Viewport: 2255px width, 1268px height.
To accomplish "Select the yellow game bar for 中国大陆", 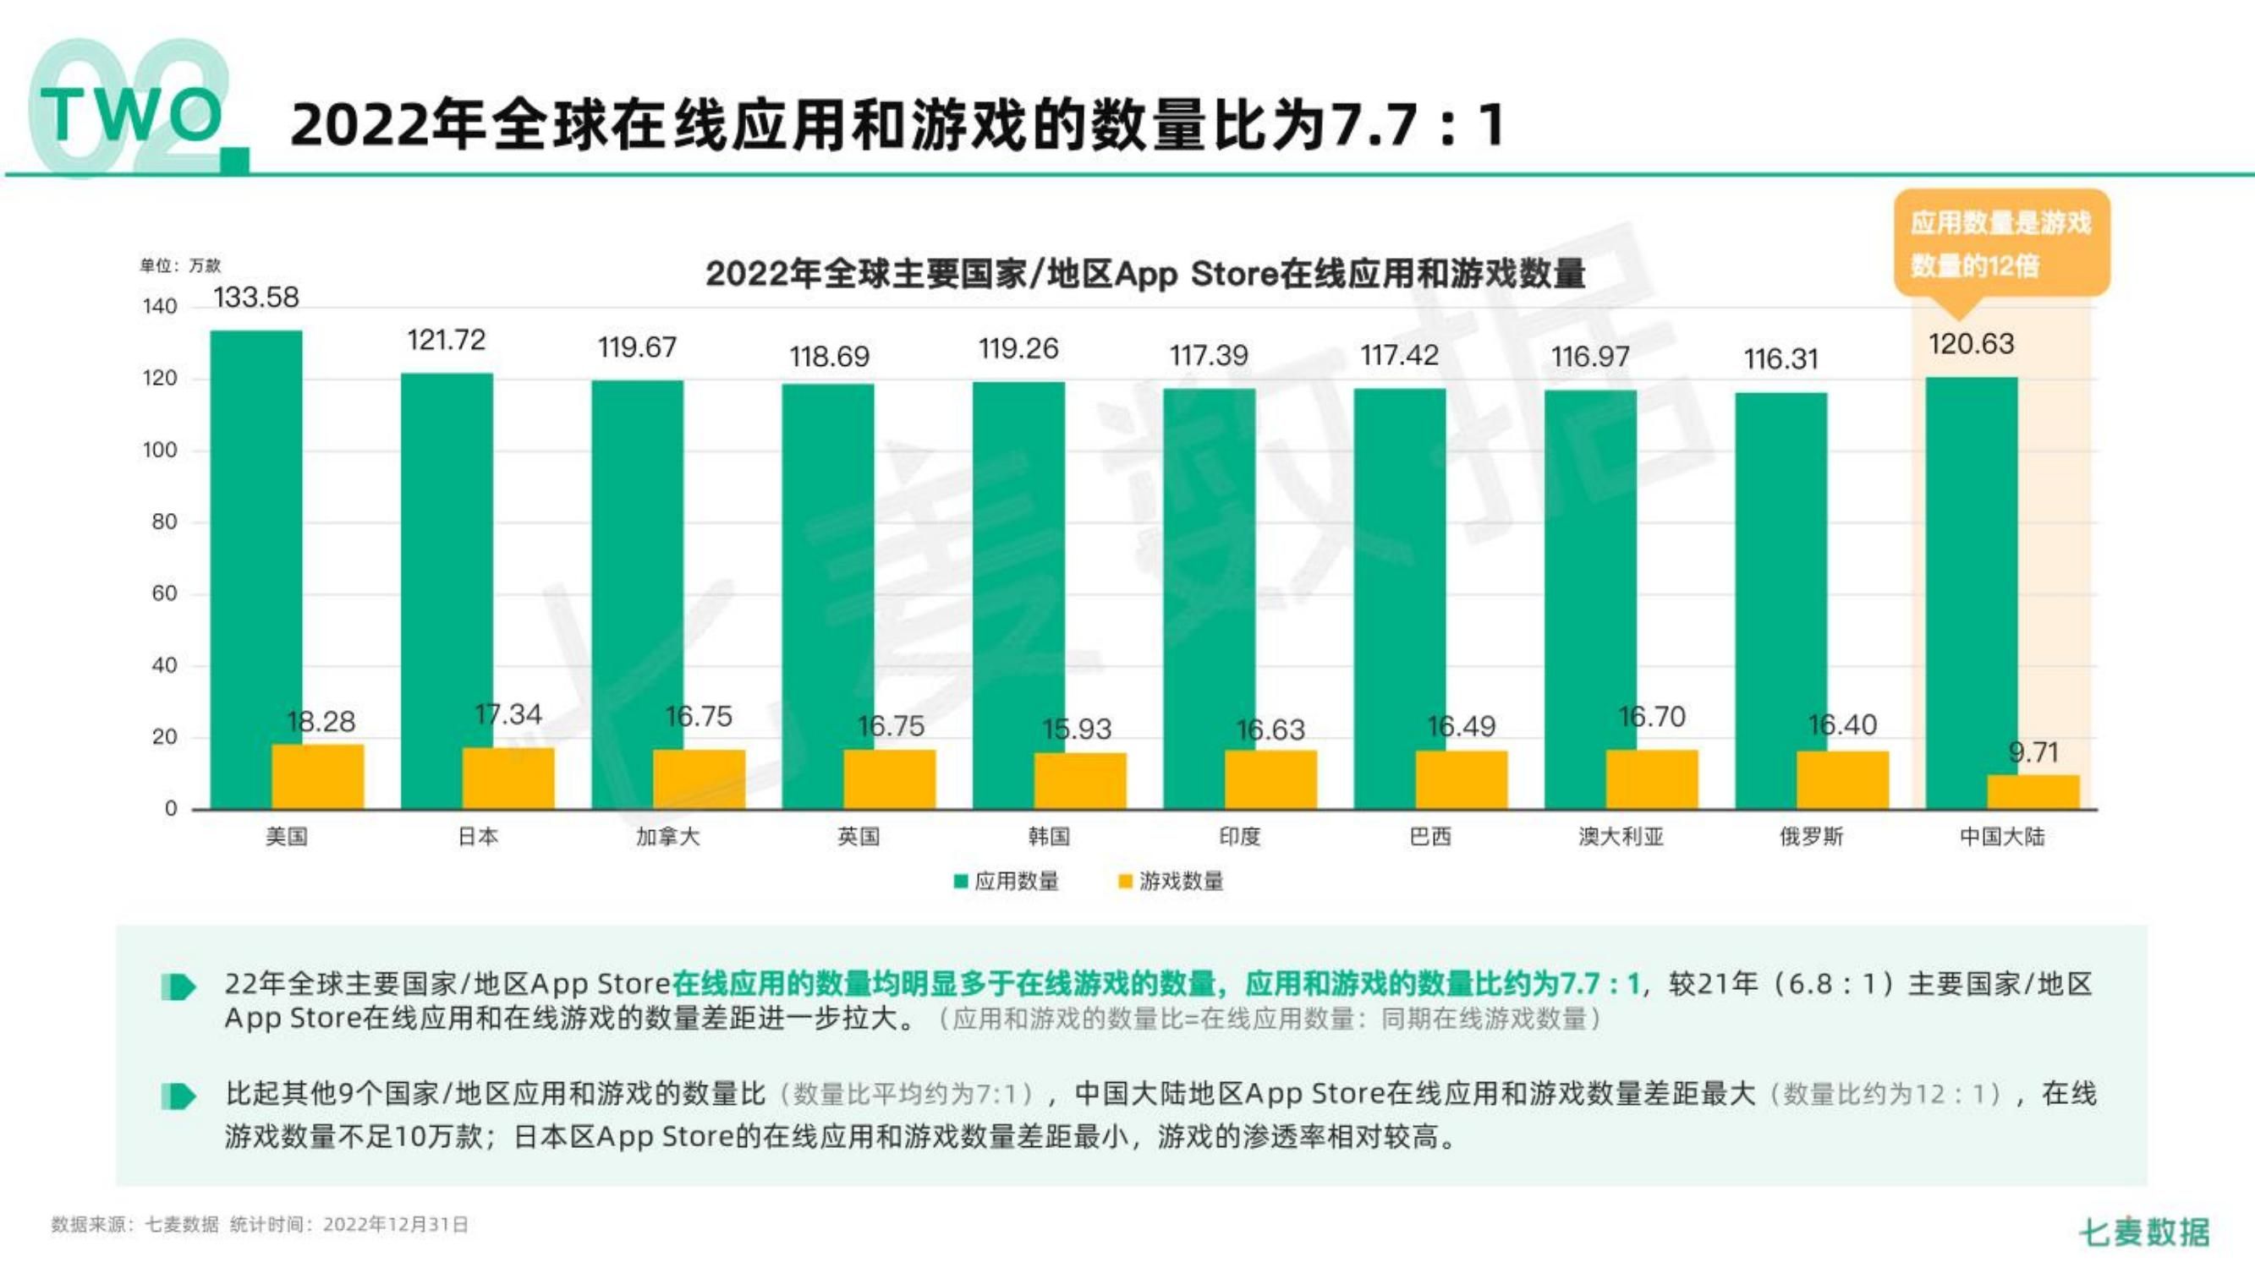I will click(x=2033, y=792).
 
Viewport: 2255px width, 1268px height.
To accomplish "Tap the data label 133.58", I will click(x=255, y=298).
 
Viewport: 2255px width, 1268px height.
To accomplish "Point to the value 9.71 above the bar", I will click(x=2033, y=752).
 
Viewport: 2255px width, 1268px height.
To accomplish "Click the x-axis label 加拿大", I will click(x=668, y=837).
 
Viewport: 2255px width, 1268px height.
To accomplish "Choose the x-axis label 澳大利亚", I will click(x=1621, y=837).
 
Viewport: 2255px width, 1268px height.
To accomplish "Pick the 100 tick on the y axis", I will click(x=160, y=451).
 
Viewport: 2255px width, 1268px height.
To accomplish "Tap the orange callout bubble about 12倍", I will click(x=2001, y=243).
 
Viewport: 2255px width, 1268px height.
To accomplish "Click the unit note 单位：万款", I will click(x=180, y=265).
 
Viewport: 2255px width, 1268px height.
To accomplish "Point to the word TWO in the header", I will click(x=131, y=116).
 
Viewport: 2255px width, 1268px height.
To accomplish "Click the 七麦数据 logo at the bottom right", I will click(x=2144, y=1232).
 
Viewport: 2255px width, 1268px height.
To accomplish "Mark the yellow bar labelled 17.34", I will click(x=508, y=778).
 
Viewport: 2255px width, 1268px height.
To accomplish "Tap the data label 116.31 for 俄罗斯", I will click(x=1780, y=358).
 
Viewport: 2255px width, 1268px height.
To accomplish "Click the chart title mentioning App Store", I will click(x=1145, y=274).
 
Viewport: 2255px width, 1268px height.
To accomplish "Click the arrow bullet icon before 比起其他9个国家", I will click(x=179, y=1096).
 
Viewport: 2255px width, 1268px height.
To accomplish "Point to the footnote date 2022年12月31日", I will click(x=395, y=1224).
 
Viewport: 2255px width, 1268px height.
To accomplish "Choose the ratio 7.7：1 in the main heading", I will click(x=1417, y=125).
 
